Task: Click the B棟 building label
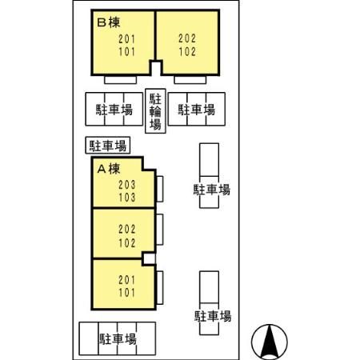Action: (109, 22)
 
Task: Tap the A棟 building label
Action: (109, 169)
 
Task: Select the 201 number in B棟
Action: (127, 39)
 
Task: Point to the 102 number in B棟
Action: (187, 51)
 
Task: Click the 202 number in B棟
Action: (187, 38)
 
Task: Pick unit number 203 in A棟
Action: (127, 185)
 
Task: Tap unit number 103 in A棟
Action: (127, 198)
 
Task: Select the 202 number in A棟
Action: (127, 229)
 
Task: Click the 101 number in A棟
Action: (127, 293)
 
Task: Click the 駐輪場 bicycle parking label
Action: (155, 111)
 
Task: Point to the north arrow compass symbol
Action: (270, 342)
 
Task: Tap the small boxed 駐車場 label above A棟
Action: (108, 146)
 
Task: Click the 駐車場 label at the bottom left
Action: (118, 339)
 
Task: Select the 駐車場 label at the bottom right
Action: (213, 316)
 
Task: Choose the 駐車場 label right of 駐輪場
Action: (197, 110)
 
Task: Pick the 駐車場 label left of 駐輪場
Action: (114, 110)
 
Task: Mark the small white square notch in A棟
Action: (149, 258)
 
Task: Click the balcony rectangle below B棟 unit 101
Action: (120, 80)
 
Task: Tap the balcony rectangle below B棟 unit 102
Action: (190, 80)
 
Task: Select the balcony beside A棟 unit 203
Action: (160, 189)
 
